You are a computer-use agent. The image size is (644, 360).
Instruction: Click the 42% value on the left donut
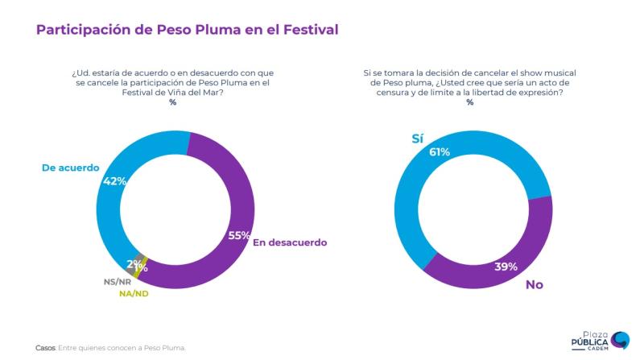pos(115,181)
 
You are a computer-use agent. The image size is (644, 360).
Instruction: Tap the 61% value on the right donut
pos(440,152)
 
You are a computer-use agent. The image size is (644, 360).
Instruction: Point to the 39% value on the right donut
pos(505,266)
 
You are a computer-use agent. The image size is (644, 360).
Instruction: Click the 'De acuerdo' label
pos(69,168)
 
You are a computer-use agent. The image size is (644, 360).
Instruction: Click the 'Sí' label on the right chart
pos(417,139)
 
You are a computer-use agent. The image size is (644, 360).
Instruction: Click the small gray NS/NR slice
pos(138,260)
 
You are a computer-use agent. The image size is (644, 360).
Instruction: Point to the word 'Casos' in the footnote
pos(46,348)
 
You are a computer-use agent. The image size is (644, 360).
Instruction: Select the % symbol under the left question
pos(172,103)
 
